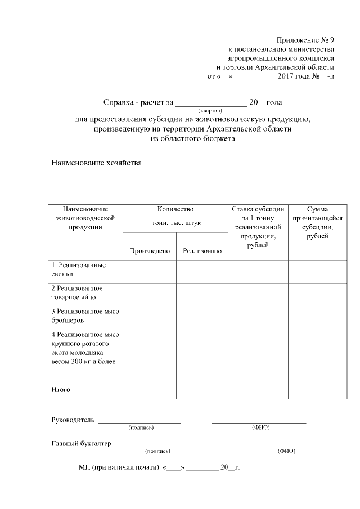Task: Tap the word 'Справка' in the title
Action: click(x=118, y=103)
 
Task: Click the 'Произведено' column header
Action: click(x=150, y=251)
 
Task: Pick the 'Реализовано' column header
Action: click(x=202, y=251)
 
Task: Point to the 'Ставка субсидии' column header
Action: click(x=258, y=227)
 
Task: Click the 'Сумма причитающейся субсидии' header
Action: click(x=318, y=222)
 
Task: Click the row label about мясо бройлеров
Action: click(x=84, y=316)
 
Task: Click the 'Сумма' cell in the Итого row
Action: click(x=318, y=391)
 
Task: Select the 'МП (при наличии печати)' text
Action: click(x=117, y=467)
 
